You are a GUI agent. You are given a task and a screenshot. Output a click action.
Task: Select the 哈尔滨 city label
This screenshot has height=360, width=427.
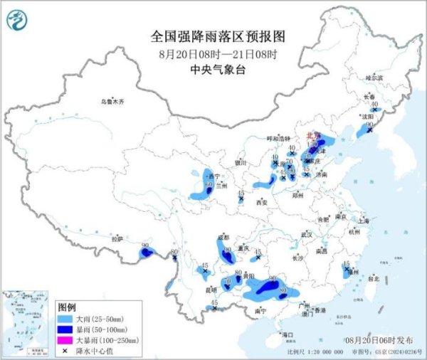click(374, 77)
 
